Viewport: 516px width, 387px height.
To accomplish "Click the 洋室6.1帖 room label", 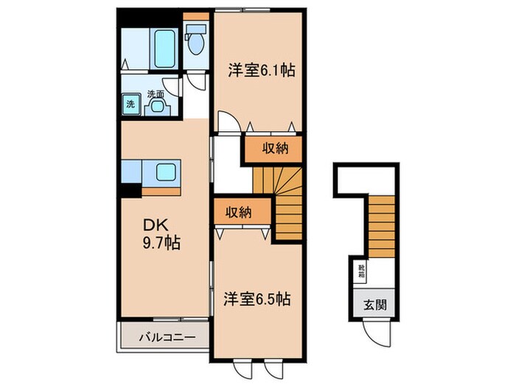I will pos(261,71).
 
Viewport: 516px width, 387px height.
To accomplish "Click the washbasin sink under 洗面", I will pos(157,106).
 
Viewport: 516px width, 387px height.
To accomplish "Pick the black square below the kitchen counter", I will pos(130,189).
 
